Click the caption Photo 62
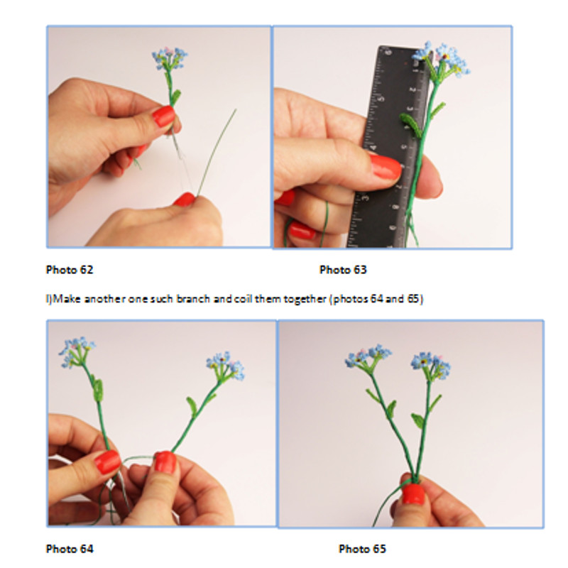click(x=70, y=270)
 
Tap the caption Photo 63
click(x=343, y=270)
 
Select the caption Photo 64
click(x=70, y=549)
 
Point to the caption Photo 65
click(x=362, y=549)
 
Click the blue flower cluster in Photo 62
click(x=170, y=58)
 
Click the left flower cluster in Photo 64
click(x=77, y=351)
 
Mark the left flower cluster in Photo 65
click(x=368, y=356)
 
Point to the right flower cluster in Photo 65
click(x=431, y=364)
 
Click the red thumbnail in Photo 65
click(x=413, y=494)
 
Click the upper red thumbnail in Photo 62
click(x=164, y=116)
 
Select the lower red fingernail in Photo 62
click(x=185, y=200)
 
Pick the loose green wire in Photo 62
click(x=217, y=152)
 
